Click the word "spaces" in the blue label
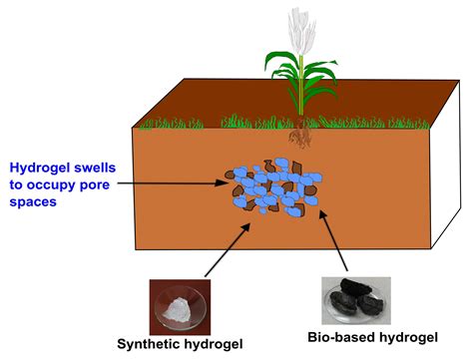(35, 202)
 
